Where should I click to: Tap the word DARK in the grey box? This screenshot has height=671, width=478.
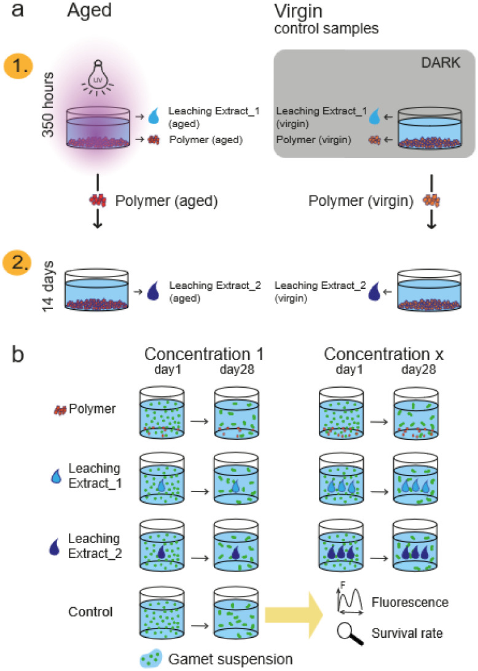coord(441,63)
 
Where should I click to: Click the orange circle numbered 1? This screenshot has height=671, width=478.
coord(18,67)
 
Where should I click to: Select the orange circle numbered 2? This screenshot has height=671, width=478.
coord(17,262)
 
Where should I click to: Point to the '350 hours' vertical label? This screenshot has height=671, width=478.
coord(47,105)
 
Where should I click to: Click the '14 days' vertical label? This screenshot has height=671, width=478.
coord(47,286)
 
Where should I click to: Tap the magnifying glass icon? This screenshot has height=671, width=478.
coord(350,633)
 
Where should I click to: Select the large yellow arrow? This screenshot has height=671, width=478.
coord(294,614)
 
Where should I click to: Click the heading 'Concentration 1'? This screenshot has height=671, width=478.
coord(204,355)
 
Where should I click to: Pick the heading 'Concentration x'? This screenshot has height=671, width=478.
coord(383,355)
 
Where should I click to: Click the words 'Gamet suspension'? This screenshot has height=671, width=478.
coord(230,659)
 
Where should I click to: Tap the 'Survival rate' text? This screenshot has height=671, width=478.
coord(407,633)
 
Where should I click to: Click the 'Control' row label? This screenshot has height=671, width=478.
coord(90,612)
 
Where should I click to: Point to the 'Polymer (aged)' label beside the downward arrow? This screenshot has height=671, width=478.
coord(167,201)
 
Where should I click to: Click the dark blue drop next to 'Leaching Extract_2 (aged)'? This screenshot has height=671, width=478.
coord(153,291)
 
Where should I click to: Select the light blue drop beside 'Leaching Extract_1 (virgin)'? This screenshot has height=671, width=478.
coord(374,116)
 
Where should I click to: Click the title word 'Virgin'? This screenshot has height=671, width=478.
coord(298,12)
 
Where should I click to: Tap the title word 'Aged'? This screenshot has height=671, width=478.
coord(89,10)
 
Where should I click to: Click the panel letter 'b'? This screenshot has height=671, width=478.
coord(18,355)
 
